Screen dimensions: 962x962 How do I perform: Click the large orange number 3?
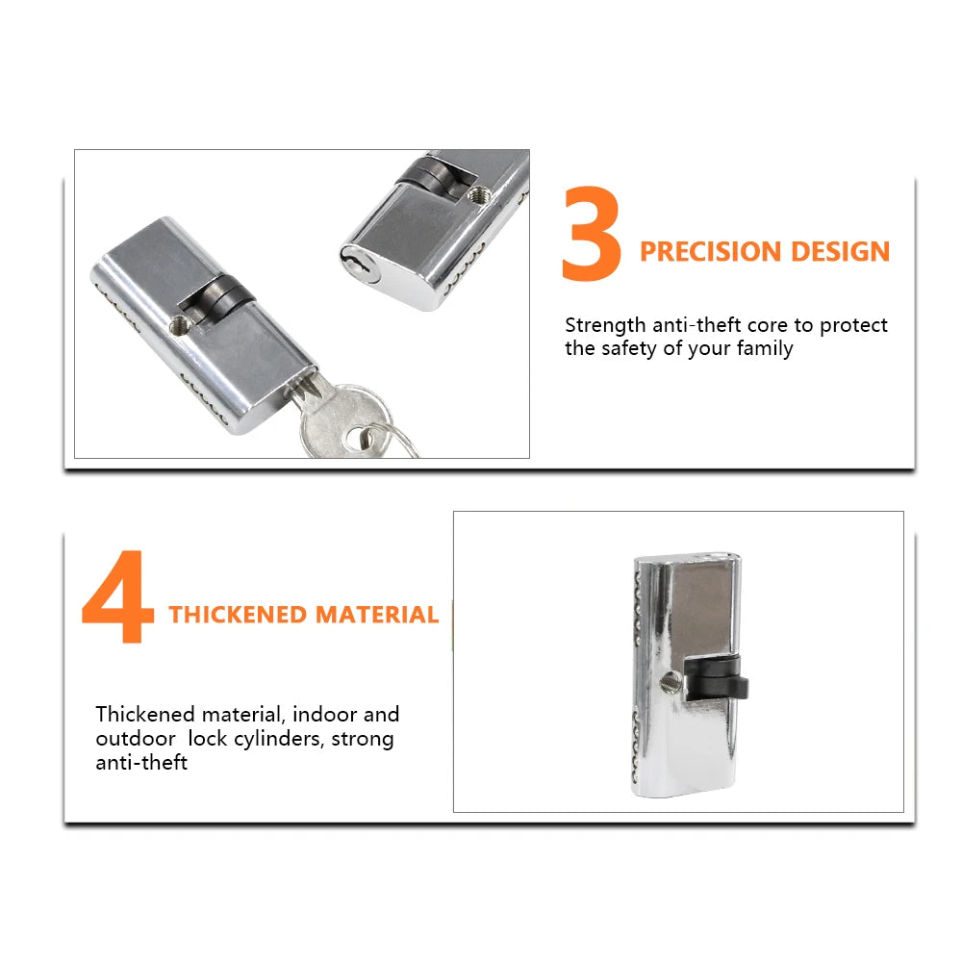(591, 235)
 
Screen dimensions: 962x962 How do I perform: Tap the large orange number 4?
(117, 596)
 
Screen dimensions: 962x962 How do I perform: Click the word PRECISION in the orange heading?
(711, 251)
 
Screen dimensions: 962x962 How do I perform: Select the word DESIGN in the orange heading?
(841, 251)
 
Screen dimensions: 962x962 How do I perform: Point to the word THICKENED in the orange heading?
(238, 615)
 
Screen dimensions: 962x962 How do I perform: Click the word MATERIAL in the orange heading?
(377, 615)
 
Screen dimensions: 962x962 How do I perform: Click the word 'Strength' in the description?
(605, 325)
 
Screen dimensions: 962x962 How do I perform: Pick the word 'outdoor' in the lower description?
(136, 738)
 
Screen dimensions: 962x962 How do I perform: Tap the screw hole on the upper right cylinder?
(478, 195)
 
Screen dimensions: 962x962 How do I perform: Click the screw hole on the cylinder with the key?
(179, 325)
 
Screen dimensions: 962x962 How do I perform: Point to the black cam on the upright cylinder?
(716, 678)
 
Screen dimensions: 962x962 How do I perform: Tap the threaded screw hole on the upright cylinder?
(671, 682)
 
